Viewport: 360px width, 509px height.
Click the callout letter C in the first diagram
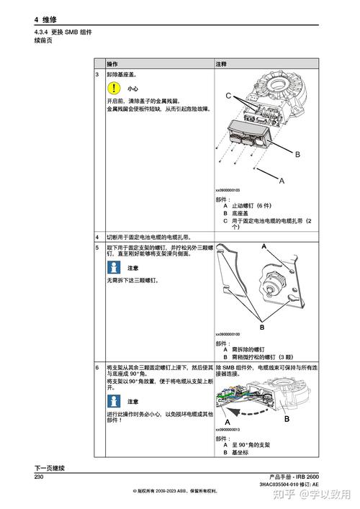click(228, 96)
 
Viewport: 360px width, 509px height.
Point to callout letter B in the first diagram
click(297, 155)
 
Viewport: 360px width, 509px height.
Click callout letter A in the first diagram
click(282, 180)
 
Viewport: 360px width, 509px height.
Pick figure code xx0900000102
click(228, 190)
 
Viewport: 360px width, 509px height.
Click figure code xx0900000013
click(228, 430)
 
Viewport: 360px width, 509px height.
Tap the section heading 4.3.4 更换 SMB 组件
click(63, 33)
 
